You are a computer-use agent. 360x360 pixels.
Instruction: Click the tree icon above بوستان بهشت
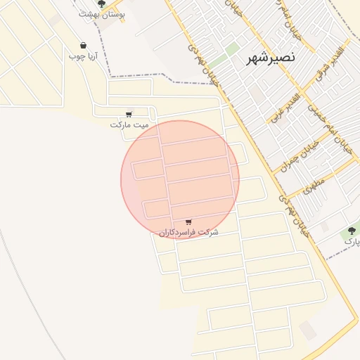pos(102,4)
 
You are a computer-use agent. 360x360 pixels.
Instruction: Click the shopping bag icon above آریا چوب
pos(84,46)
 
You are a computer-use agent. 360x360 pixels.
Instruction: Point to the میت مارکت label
pos(130,124)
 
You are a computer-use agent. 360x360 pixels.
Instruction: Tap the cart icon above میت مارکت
pos(128,114)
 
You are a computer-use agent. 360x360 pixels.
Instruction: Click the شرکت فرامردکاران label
pos(188,232)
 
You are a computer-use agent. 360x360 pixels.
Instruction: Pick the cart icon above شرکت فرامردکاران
pos(188,221)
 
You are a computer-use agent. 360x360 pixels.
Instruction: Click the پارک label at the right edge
pos(352,240)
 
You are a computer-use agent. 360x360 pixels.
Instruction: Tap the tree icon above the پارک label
pos(351,230)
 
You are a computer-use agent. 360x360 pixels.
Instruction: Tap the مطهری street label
pos(314,186)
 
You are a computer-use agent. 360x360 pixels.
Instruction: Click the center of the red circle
pos(180,179)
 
